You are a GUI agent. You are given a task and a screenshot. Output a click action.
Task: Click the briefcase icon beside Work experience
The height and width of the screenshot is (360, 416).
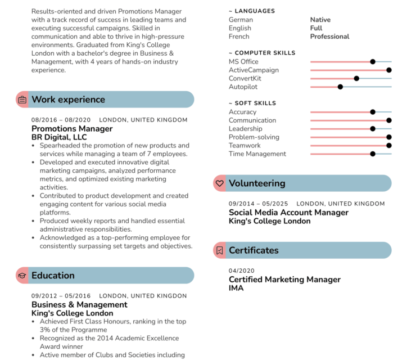[22, 100]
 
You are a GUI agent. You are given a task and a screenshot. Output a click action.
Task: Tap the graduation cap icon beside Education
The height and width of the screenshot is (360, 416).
[22, 276]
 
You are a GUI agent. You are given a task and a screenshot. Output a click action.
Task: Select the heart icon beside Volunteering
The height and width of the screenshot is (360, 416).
[220, 183]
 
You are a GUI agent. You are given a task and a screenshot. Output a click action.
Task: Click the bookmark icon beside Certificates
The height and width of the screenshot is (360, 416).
[220, 250]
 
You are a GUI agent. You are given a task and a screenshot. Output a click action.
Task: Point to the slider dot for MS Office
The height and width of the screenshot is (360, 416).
[373, 62]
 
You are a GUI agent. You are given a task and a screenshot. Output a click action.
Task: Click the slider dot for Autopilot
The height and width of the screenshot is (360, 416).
[340, 87]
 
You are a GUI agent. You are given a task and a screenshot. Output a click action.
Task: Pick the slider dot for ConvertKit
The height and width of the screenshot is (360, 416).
[356, 79]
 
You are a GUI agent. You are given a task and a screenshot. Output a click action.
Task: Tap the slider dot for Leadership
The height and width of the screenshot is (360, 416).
[373, 129]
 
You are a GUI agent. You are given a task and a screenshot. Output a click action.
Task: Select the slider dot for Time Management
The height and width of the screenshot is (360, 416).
[373, 154]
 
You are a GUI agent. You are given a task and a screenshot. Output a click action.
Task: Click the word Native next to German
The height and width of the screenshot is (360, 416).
[320, 20]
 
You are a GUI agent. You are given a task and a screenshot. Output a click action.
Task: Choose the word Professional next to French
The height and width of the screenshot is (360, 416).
[329, 37]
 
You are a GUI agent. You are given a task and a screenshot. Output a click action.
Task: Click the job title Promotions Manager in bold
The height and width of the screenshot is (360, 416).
[72, 129]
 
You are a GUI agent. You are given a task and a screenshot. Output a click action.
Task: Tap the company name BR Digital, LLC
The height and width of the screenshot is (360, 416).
[59, 137]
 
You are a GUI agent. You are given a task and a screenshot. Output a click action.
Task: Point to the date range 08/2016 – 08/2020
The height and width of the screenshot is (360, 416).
[61, 120]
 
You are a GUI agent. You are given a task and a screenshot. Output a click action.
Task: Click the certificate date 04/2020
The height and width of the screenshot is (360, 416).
[242, 271]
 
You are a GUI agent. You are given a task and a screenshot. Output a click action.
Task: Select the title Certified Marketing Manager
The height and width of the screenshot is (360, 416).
[284, 280]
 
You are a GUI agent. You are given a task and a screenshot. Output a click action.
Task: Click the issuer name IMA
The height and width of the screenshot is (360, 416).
[236, 288]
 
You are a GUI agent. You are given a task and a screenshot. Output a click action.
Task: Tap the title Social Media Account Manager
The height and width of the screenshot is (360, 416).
[288, 213]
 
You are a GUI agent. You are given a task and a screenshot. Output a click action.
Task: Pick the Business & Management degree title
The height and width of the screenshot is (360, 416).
[79, 305]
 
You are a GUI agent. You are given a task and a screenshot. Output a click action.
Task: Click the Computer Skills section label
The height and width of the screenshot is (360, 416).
[264, 53]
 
